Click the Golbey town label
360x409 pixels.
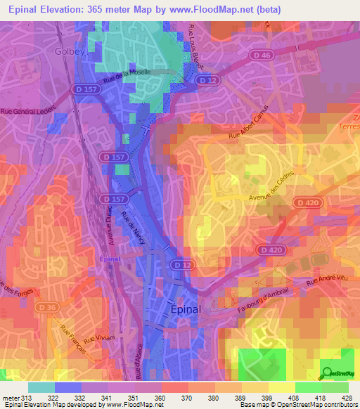68,51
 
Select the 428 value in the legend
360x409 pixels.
347,399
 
